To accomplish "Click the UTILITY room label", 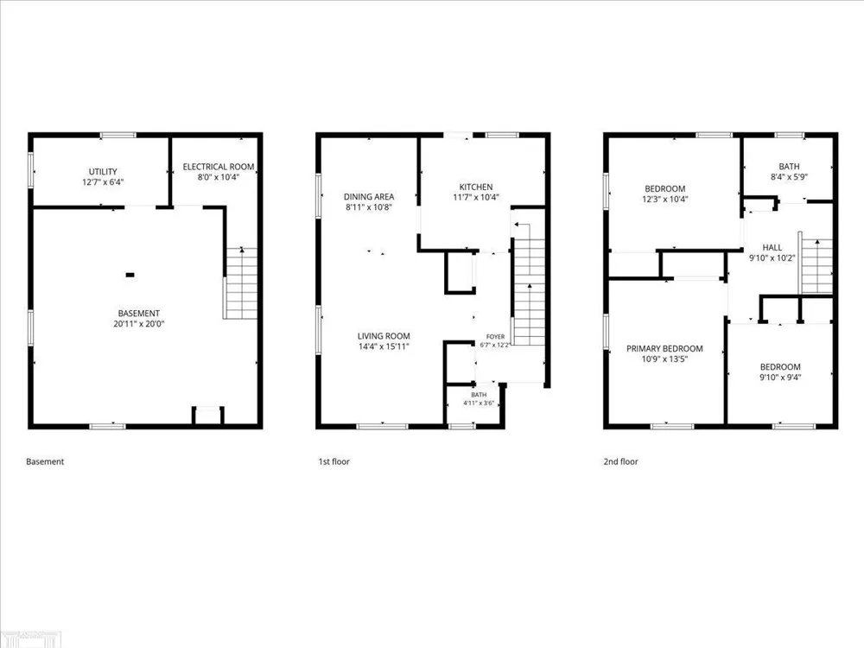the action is (x=103, y=171).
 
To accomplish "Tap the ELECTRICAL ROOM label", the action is (x=219, y=167).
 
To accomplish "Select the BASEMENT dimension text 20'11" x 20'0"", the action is (x=139, y=324).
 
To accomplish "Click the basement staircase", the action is (x=241, y=283).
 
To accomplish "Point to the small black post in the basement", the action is (x=130, y=275).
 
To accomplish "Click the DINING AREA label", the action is (x=369, y=197).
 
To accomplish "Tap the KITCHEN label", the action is (x=476, y=187).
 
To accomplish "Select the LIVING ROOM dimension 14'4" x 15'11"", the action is (x=384, y=346).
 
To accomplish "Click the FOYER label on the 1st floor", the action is (x=495, y=337).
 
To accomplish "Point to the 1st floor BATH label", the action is (x=479, y=395).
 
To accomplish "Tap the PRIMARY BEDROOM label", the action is (x=664, y=348).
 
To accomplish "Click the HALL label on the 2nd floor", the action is (x=772, y=247).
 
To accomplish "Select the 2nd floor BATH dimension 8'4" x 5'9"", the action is (x=789, y=177).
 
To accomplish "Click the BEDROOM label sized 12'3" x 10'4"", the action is (x=665, y=188).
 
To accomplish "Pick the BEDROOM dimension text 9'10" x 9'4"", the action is (x=780, y=378).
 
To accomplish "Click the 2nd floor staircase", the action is (x=816, y=266).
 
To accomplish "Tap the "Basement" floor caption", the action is (x=45, y=461).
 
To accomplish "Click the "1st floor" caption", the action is (x=334, y=461).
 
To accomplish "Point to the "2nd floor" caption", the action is (x=620, y=461).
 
